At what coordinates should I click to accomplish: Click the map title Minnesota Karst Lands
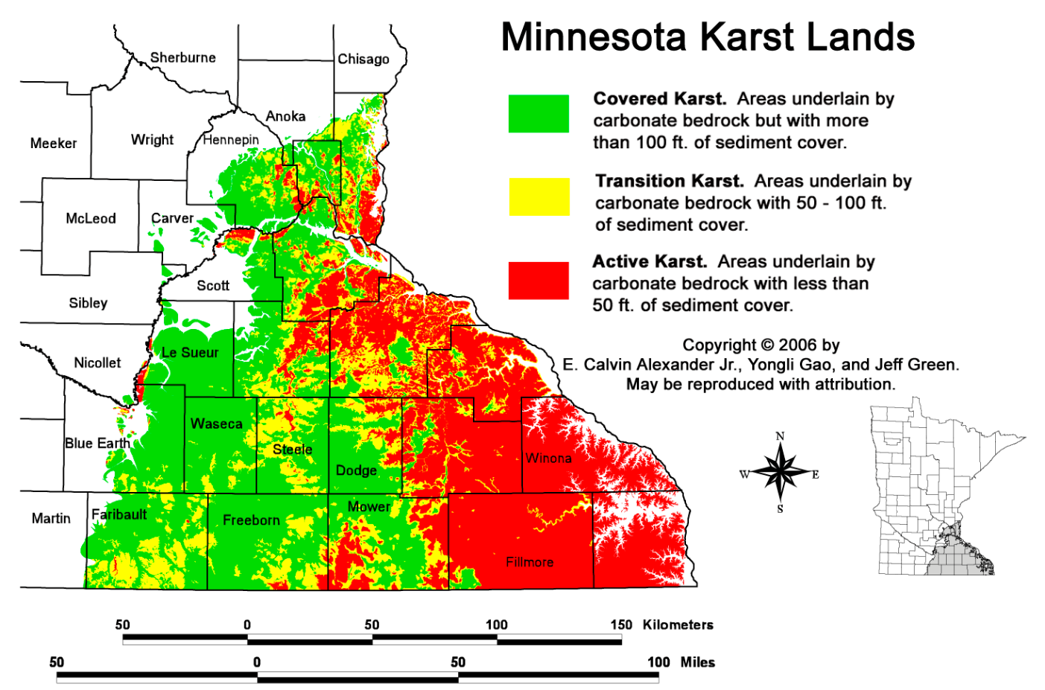[708, 36]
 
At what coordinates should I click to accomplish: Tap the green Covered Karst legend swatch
[539, 114]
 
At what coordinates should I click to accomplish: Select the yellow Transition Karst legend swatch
[539, 197]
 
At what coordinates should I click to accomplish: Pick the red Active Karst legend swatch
[539, 281]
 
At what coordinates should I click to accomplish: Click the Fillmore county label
[530, 562]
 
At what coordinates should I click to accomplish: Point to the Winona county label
[548, 458]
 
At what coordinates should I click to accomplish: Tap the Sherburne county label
[182, 57]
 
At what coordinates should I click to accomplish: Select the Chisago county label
[363, 59]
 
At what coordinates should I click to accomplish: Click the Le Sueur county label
[190, 352]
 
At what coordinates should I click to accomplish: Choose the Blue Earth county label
[98, 443]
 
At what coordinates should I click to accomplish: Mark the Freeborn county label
[251, 520]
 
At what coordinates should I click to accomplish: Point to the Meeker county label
[54, 143]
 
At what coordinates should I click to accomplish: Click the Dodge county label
[356, 470]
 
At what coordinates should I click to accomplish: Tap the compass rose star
[780, 472]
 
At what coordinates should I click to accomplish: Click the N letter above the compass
[780, 436]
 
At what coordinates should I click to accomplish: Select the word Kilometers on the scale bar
[678, 624]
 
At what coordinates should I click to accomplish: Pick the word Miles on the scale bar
[697, 662]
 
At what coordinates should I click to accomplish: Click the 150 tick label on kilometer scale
[621, 624]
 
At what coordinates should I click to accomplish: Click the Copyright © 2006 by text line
[760, 345]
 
